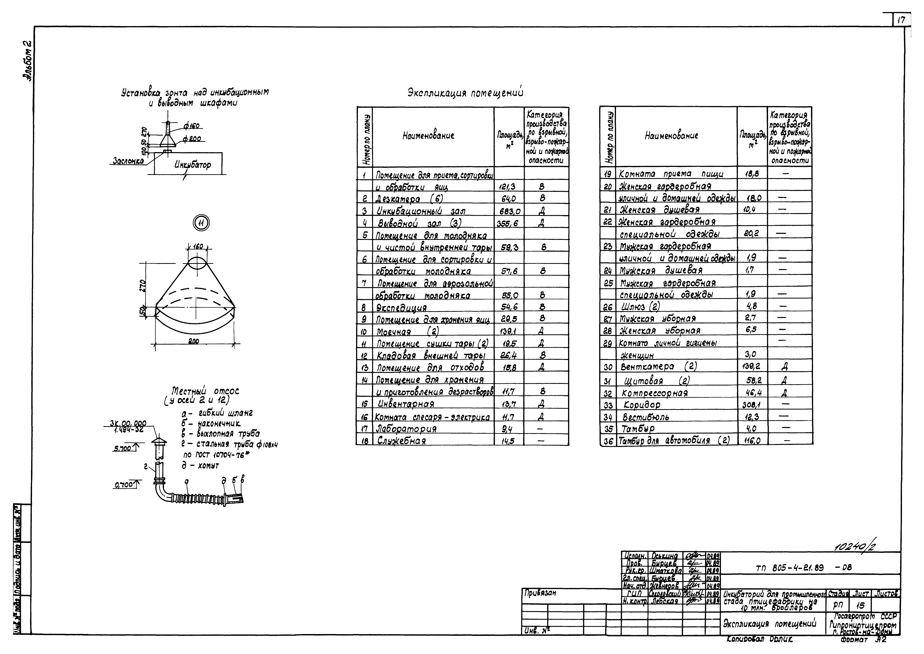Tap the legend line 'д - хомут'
point(200,466)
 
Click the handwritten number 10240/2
point(855,547)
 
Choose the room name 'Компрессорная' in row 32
point(655,393)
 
